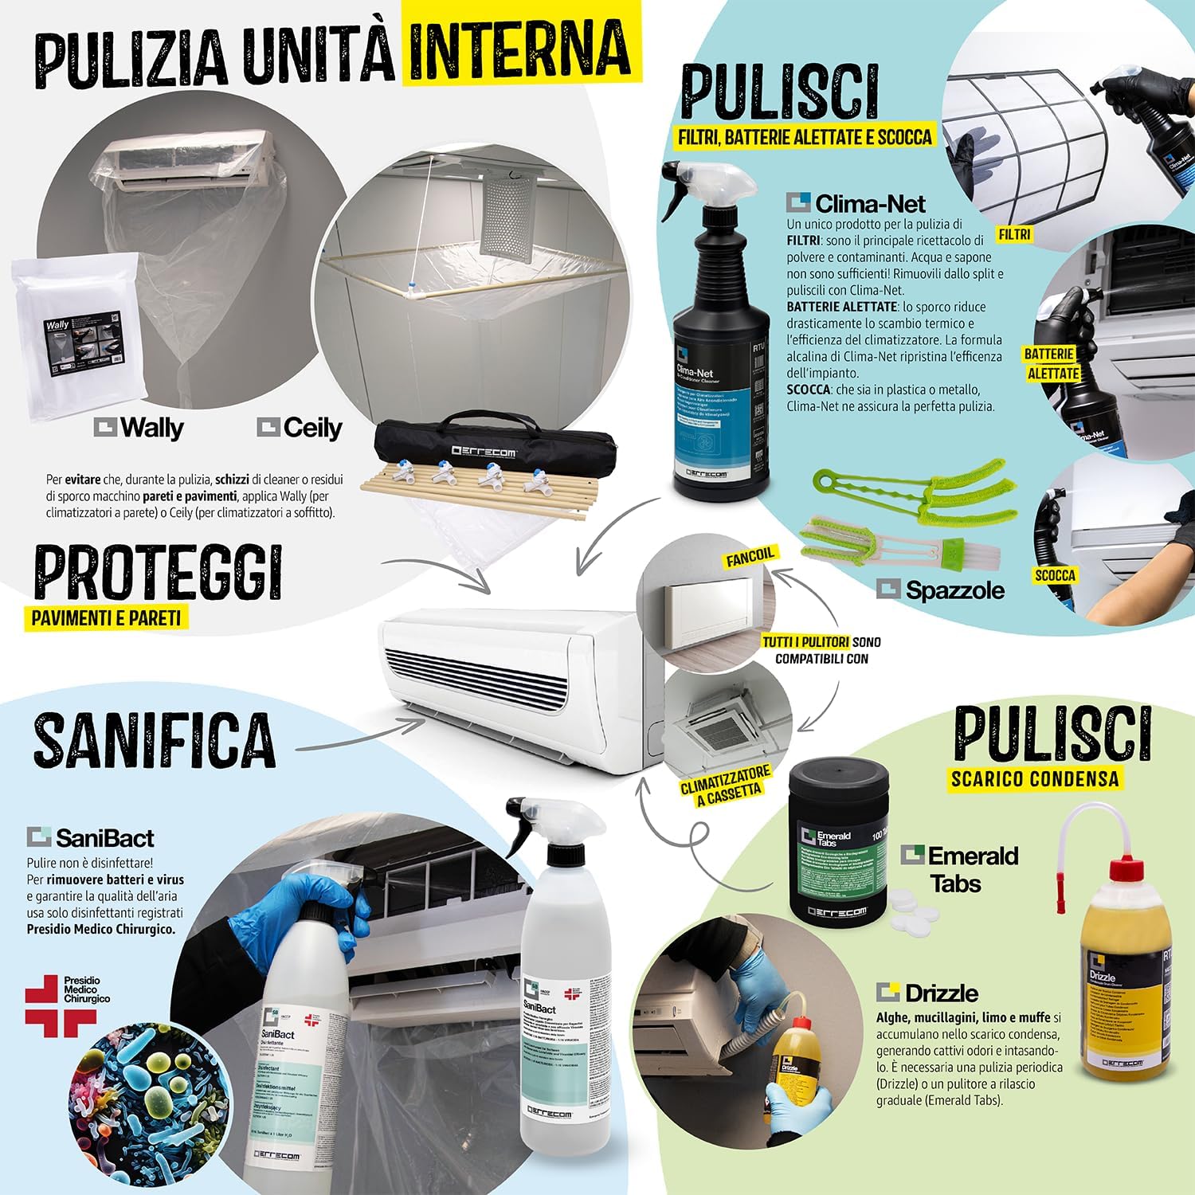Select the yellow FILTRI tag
1014,234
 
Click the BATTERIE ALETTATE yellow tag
1052,364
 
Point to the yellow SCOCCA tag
1055,575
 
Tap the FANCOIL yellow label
750,557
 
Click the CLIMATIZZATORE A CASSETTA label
725,785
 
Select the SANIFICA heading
155,739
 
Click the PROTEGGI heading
159,572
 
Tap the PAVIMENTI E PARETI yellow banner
107,617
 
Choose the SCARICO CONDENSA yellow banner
1035,778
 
